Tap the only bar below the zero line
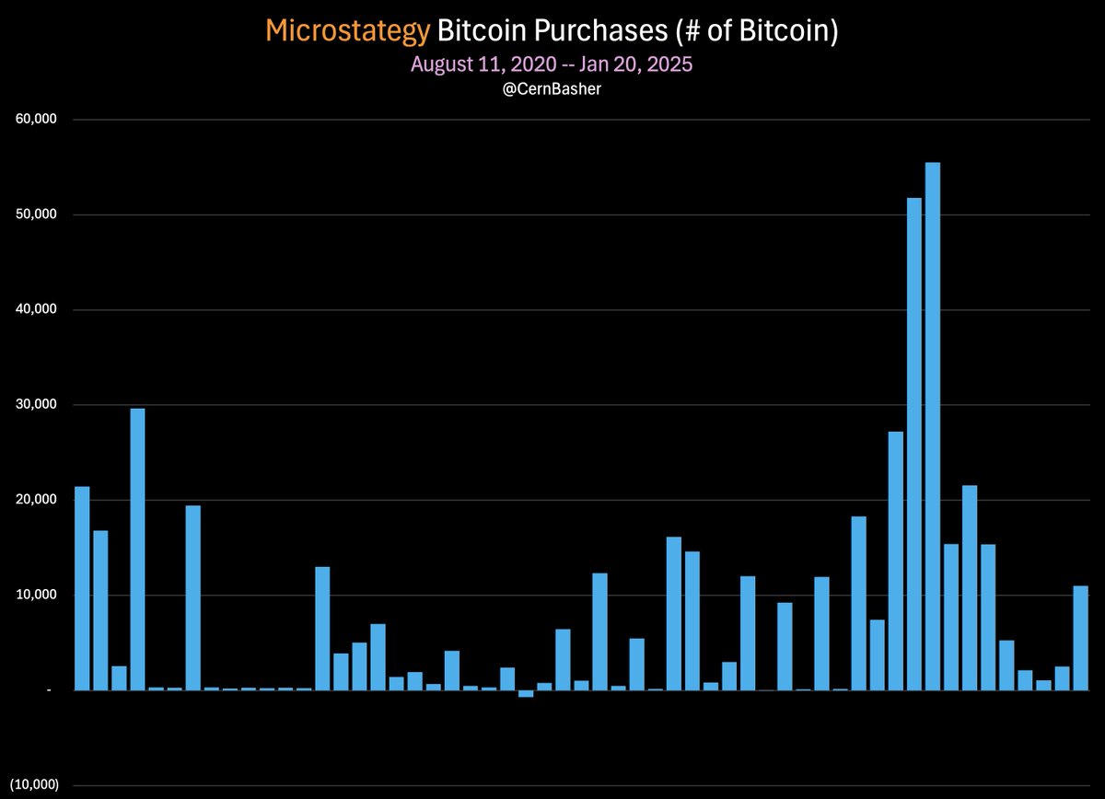526,694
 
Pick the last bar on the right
1081,637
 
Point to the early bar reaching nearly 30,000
137,549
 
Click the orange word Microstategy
347,31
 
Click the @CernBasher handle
552,90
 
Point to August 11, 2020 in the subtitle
483,64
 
